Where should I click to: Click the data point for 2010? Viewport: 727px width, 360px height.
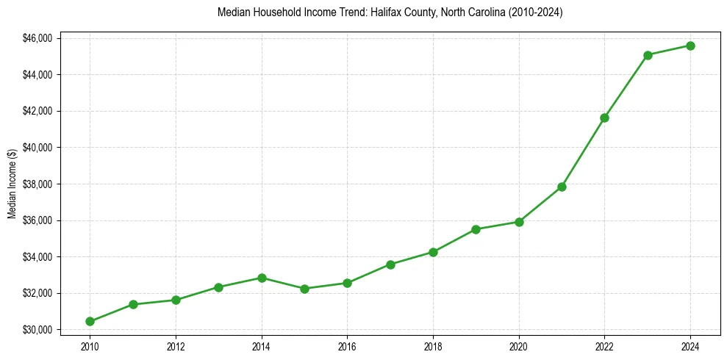(90, 321)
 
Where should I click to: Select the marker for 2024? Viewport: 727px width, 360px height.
(690, 46)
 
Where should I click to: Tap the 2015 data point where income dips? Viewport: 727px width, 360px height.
(304, 289)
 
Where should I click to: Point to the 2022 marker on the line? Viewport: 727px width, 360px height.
(604, 118)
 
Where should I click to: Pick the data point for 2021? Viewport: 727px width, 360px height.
(562, 187)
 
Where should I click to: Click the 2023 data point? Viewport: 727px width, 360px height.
(648, 55)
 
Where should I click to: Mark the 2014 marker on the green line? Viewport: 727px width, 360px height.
(262, 278)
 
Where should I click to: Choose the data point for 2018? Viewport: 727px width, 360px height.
(433, 252)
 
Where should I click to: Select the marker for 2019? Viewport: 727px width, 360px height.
(476, 229)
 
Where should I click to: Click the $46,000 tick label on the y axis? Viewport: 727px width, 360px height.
(37, 38)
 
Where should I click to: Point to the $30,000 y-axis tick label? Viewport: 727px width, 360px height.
(37, 330)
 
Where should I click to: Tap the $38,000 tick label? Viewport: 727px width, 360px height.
(37, 184)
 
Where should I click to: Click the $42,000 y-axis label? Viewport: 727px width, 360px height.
(37, 111)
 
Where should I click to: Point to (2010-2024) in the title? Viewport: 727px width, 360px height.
(532, 12)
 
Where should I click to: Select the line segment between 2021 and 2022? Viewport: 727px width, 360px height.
(583, 152)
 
